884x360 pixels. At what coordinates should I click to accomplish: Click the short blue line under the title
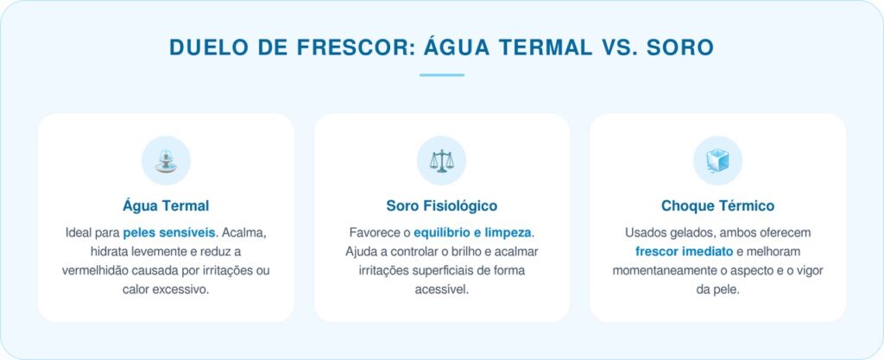442,75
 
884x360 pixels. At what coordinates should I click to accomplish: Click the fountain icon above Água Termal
166,161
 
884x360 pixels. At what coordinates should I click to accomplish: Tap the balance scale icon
441,161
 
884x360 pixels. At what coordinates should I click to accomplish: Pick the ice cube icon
717,161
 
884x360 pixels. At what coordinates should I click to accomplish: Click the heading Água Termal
166,205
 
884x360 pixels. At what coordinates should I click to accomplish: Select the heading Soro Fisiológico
441,205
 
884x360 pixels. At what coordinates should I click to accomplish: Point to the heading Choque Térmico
717,205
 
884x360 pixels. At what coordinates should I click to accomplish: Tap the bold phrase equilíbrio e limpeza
473,233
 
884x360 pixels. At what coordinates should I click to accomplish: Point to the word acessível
441,290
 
